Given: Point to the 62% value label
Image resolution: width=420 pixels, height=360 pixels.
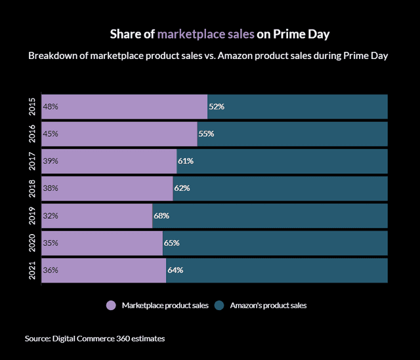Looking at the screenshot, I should (182, 188).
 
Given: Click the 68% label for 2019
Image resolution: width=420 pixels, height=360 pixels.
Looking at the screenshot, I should (161, 216).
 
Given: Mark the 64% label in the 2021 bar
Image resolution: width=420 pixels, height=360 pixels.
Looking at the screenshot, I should (175, 270).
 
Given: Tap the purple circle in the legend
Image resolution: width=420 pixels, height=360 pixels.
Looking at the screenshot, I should (111, 305).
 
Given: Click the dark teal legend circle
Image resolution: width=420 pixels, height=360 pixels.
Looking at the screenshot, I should (220, 305).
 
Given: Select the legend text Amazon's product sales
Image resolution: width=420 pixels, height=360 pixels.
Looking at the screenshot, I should (268, 305).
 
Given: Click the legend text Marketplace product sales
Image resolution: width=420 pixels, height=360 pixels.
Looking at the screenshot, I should (165, 305).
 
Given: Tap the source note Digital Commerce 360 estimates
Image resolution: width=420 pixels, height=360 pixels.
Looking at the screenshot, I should (94, 338).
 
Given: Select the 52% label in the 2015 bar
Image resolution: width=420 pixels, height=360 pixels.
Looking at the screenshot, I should (217, 106).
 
